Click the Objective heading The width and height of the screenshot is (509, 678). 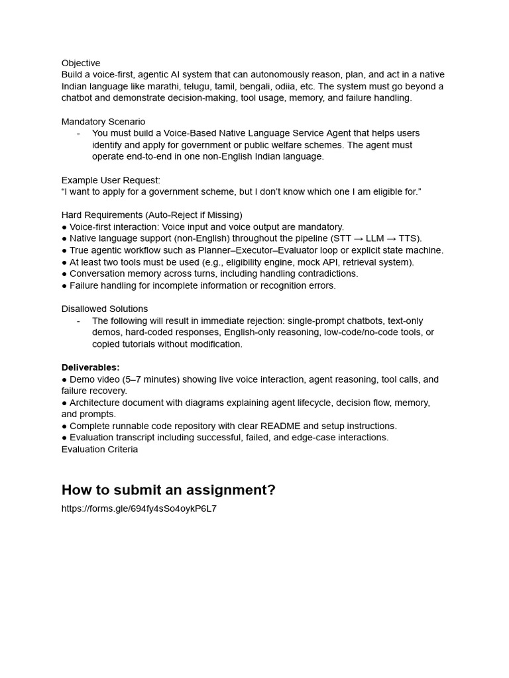click(81, 63)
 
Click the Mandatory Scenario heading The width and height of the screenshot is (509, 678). click(103, 122)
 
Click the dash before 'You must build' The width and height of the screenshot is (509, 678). click(78, 133)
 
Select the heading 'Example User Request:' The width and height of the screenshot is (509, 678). click(111, 180)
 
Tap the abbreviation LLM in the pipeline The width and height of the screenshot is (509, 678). click(374, 238)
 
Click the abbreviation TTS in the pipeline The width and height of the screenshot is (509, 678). click(409, 238)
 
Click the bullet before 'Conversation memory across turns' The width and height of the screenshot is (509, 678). click(64, 273)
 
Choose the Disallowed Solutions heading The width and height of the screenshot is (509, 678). click(105, 309)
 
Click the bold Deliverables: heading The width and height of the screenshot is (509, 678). click(91, 367)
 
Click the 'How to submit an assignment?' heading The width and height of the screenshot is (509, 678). click(168, 490)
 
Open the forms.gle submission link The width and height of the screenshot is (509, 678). click(139, 508)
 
